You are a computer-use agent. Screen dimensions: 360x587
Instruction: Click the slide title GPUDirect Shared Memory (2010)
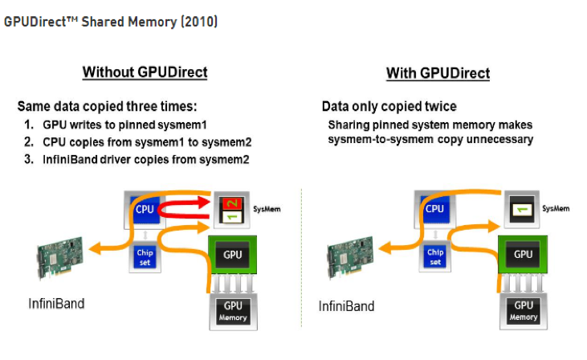111,22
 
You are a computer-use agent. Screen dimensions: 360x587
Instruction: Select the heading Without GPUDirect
145,72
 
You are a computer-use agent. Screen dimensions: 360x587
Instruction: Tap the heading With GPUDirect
438,73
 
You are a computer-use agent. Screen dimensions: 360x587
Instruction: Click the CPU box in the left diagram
144,210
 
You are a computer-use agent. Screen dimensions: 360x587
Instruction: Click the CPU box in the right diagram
434,209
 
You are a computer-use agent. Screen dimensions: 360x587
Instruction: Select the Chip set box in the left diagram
144,257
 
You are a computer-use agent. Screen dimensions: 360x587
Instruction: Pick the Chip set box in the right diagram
434,257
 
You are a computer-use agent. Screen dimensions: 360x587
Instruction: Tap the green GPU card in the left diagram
233,255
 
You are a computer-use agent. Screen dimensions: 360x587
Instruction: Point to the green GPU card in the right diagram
523,255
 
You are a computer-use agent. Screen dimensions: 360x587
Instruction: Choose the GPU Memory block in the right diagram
524,310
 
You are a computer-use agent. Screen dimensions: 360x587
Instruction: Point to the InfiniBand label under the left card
55,305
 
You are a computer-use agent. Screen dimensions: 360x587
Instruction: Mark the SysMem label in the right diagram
556,208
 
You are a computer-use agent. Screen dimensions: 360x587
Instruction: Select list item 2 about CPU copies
137,142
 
